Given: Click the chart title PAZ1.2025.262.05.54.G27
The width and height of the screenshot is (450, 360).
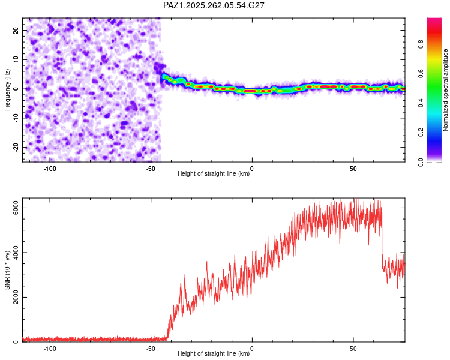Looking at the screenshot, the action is [x=214, y=5].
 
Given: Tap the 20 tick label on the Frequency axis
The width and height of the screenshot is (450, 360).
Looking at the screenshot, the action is [x=16, y=31].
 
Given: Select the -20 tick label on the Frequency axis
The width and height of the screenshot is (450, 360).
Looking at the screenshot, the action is [x=16, y=147].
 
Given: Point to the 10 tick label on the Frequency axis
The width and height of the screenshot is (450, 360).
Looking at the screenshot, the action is [x=16, y=59].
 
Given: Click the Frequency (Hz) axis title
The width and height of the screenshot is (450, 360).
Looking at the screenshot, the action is [x=7, y=89].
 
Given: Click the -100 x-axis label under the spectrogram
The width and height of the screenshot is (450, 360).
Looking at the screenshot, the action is [x=50, y=169].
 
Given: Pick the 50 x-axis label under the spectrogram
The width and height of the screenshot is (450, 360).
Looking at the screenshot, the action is [x=353, y=169].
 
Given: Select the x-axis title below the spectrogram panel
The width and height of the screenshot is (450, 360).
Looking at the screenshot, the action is [x=214, y=173].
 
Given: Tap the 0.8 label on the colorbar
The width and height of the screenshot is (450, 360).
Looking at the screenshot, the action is [x=421, y=44].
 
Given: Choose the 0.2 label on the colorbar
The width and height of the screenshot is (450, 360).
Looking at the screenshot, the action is [x=421, y=133].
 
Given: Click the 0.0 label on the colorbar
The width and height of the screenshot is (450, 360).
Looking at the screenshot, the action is [x=421, y=162].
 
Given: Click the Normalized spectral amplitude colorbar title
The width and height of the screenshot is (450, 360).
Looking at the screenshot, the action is [x=445, y=90].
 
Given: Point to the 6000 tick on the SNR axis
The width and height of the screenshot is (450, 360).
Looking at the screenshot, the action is [x=16, y=208].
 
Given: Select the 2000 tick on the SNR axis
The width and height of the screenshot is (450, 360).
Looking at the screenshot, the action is [x=16, y=297].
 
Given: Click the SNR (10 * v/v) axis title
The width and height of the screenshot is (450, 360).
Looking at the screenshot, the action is [x=7, y=270].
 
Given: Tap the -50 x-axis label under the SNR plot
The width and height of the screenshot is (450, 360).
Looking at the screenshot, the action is [x=151, y=349].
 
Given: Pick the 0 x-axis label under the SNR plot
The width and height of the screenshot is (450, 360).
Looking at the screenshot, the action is [x=252, y=349].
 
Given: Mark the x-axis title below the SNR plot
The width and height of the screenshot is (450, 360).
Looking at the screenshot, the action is [x=214, y=353].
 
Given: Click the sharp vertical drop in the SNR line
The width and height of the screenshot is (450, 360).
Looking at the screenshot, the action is [x=382, y=241].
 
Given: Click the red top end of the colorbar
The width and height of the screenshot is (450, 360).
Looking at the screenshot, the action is [x=434, y=20].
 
